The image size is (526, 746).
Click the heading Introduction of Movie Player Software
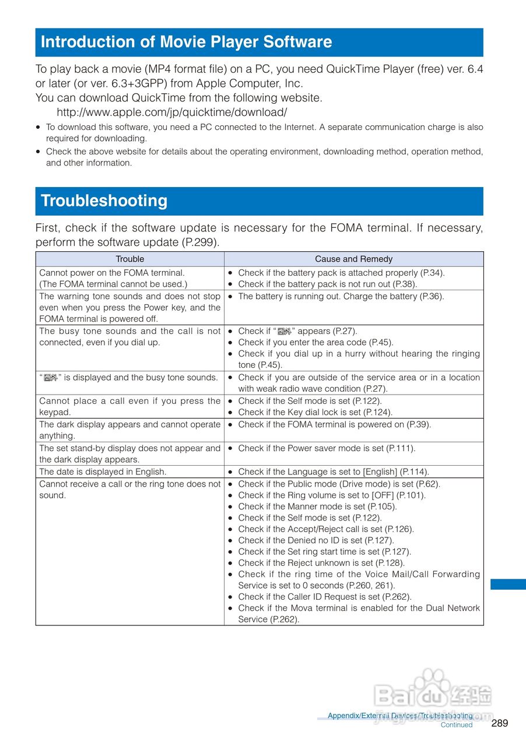pyautogui.click(x=186, y=42)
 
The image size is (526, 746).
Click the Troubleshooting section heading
pyautogui.click(x=104, y=200)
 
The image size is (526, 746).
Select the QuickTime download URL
pyautogui.click(x=171, y=112)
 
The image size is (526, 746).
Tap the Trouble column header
pyautogui.click(x=129, y=259)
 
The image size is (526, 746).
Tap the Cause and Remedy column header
pyautogui.click(x=353, y=259)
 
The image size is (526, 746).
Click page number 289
pyautogui.click(x=500, y=723)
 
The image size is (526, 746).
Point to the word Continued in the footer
pyautogui.click(x=456, y=725)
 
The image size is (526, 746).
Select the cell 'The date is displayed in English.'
pyautogui.click(x=103, y=471)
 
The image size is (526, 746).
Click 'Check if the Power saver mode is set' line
pyautogui.click(x=327, y=448)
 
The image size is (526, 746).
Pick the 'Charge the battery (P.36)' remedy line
pyautogui.click(x=341, y=296)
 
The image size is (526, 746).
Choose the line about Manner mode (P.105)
pyautogui.click(x=317, y=506)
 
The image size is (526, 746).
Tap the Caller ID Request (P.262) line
pyautogui.click(x=325, y=596)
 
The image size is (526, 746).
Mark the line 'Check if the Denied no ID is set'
pyautogui.click(x=315, y=540)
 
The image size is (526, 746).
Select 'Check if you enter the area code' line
pyautogui.click(x=315, y=342)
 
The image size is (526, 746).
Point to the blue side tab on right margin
pyautogui.click(x=508, y=584)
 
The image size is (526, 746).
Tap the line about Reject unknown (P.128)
pyautogui.click(x=321, y=562)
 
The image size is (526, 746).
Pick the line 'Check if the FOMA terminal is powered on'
pyautogui.click(x=335, y=424)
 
